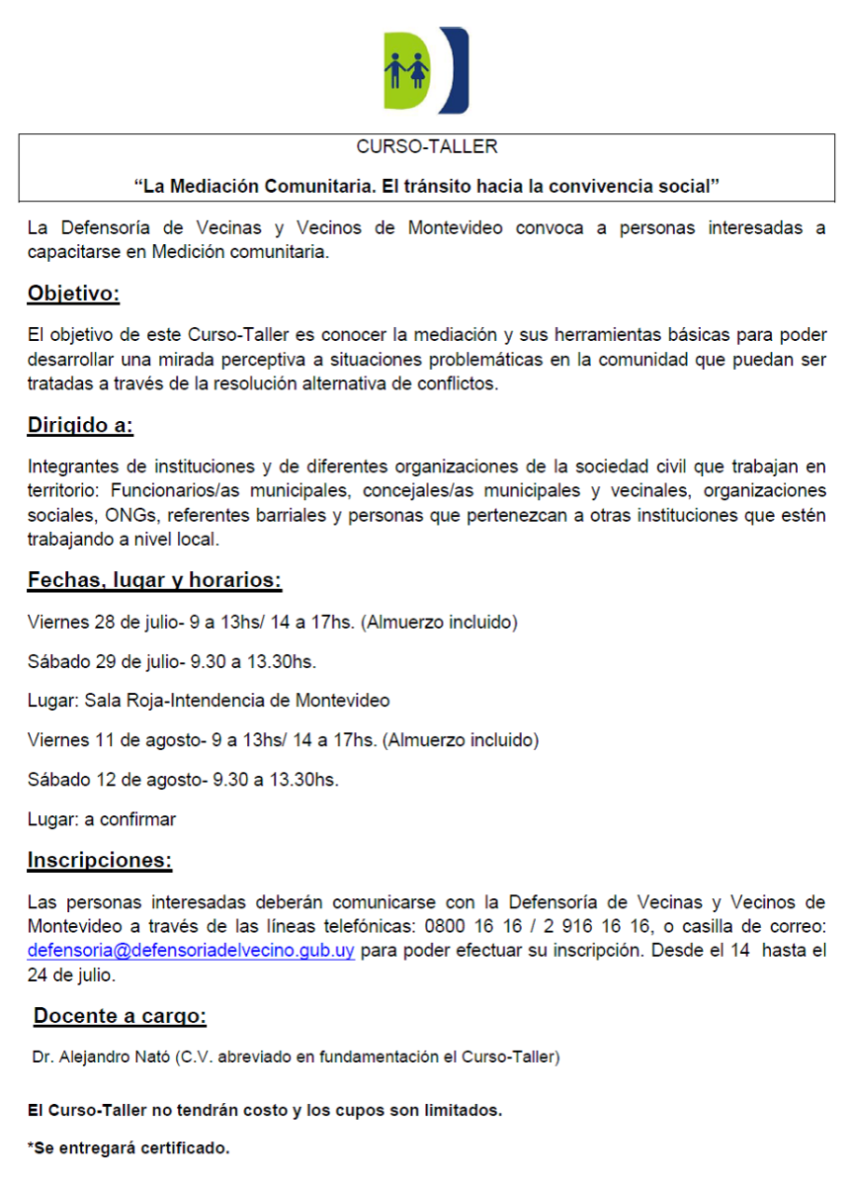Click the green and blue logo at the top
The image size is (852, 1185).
[426, 70]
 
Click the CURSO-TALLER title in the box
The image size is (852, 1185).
[426, 147]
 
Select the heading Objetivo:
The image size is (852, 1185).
[73, 294]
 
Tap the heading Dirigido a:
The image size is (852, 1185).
[80, 426]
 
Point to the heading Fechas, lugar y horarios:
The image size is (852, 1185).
[154, 580]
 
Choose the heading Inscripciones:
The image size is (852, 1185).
[100, 860]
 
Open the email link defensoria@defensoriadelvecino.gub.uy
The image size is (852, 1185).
[191, 952]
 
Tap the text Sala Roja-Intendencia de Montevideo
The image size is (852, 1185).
[237, 701]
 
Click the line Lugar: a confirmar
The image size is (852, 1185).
[102, 818]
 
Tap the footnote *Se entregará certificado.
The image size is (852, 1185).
[128, 1148]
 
